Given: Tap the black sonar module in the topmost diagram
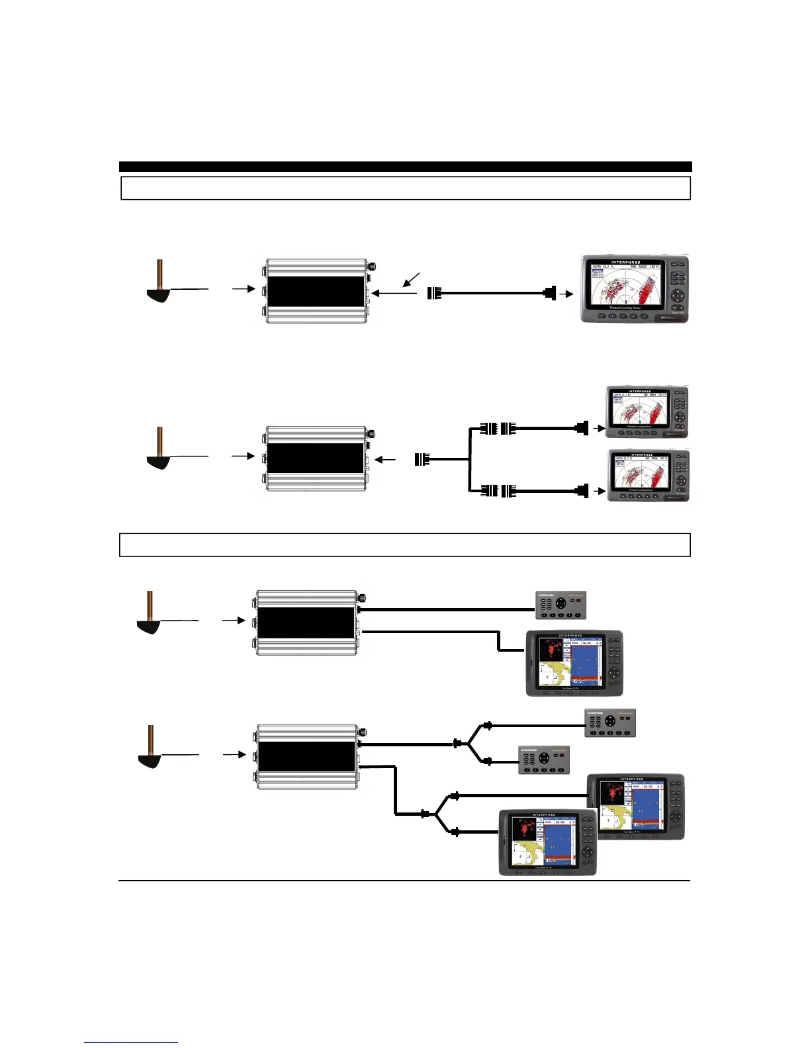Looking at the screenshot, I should [315, 292].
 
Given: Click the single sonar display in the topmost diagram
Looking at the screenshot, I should [635, 289].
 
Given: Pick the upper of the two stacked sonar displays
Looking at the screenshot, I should [648, 412].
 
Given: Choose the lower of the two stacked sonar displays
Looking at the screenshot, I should [648, 476].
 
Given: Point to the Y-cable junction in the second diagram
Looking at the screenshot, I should [470, 459].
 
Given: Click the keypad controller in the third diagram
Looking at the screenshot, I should [561, 604].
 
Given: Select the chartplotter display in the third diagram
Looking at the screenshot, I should [574, 663].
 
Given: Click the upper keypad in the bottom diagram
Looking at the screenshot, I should [609, 723].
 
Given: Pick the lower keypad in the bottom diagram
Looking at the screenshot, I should [543, 760].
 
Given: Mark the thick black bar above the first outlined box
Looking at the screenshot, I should [405, 167].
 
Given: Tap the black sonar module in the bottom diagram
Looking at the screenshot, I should [306, 757].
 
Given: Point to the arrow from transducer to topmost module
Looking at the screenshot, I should [243, 289].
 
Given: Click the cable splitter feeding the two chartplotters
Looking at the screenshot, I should [435, 814].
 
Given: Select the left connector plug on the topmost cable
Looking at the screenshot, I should [434, 293].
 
